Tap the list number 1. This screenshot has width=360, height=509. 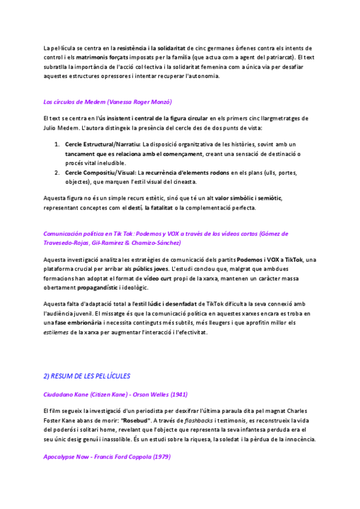(x=57, y=145)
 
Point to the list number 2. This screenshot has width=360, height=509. (x=57, y=172)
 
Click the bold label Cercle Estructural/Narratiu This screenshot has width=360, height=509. (x=102, y=145)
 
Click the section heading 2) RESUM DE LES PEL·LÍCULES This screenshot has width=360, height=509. (x=86, y=376)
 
